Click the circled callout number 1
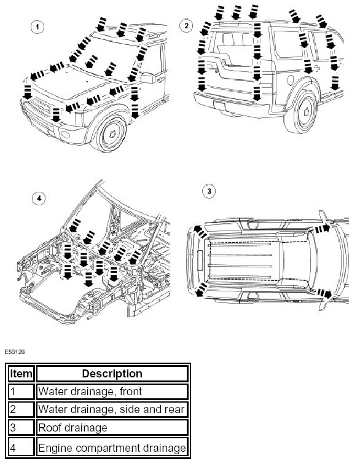37,27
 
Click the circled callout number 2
186,26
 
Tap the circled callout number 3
209,191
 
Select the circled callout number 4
39,198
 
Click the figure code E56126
15,352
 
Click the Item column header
21,374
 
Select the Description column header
112,374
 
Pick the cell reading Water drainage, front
112,392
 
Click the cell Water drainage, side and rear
112,409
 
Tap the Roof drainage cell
112,428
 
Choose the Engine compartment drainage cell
112,447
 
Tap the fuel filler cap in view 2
291,80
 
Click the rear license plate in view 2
219,105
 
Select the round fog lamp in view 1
65,135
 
